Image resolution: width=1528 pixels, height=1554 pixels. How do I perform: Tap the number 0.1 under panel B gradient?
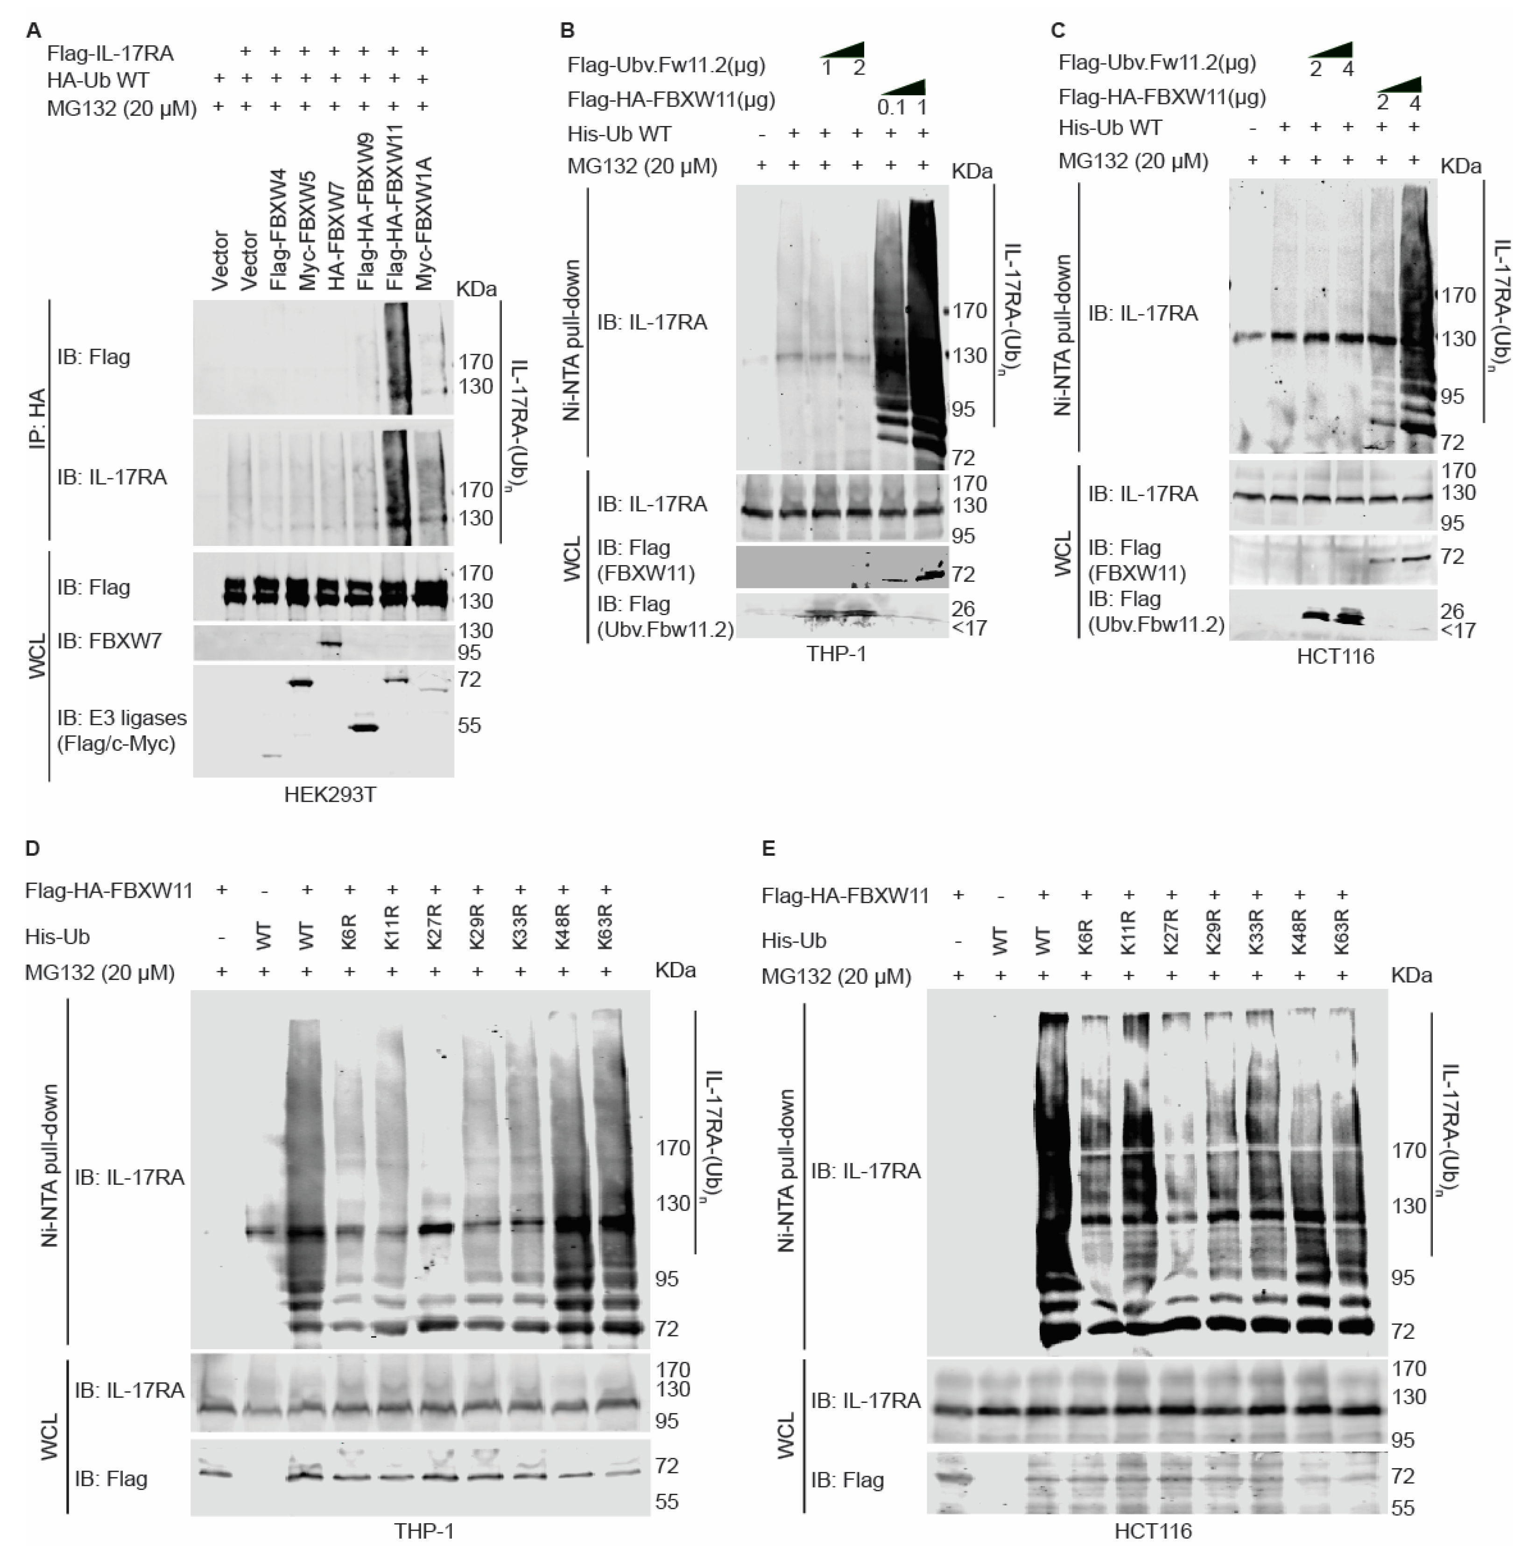[x=891, y=107]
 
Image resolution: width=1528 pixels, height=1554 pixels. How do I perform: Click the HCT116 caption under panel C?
[x=1335, y=656]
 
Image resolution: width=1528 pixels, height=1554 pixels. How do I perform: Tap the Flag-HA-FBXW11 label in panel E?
[x=844, y=896]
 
